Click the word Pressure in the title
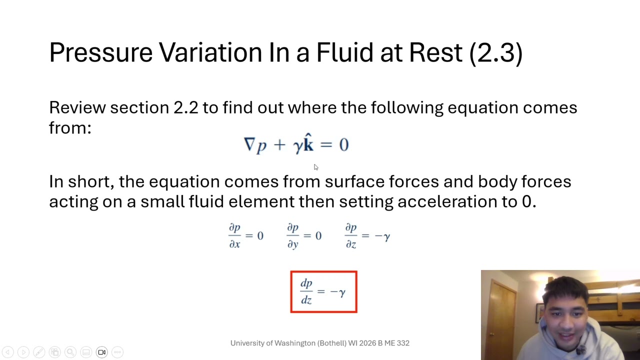[100, 52]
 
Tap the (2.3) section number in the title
[495, 52]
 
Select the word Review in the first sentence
[77, 107]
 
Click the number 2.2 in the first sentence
[185, 107]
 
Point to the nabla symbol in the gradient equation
[248, 144]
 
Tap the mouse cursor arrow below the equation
[315, 167]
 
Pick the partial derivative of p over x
[234, 235]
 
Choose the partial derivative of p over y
[292, 235]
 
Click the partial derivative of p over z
[350, 235]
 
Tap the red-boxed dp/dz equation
[323, 292]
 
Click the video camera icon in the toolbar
[101, 352]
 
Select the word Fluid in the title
[343, 52]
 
